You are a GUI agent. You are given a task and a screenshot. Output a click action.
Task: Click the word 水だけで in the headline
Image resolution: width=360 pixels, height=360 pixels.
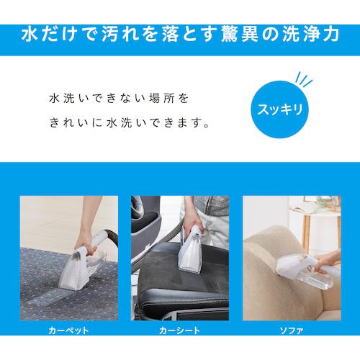[x=53, y=34]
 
